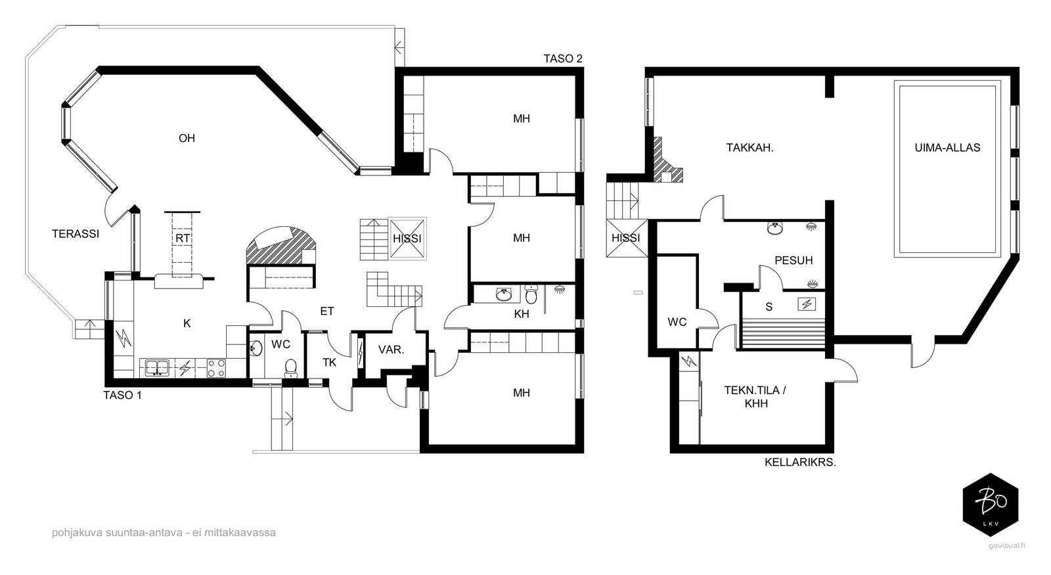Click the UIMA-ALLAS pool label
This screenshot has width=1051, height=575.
[947, 148]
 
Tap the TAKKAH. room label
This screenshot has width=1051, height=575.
[749, 148]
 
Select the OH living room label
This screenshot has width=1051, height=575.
[187, 138]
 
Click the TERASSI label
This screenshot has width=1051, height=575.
[76, 233]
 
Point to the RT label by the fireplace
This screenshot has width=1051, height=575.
[183, 238]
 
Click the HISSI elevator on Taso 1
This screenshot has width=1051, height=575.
[407, 239]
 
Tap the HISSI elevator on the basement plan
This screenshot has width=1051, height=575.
[625, 238]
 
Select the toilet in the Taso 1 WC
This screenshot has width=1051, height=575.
[290, 368]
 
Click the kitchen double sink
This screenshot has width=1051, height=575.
[157, 368]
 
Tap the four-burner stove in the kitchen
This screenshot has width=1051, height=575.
[216, 368]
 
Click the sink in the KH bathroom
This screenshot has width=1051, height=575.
[504, 294]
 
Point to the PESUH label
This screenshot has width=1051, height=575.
[794, 260]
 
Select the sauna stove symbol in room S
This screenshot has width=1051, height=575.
[806, 304]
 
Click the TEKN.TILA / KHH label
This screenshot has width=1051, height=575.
[755, 396]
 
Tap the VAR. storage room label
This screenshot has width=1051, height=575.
[391, 350]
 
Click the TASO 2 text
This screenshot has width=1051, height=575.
[563, 58]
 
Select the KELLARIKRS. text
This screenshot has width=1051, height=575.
[799, 462]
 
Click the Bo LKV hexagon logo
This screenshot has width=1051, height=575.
[990, 505]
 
